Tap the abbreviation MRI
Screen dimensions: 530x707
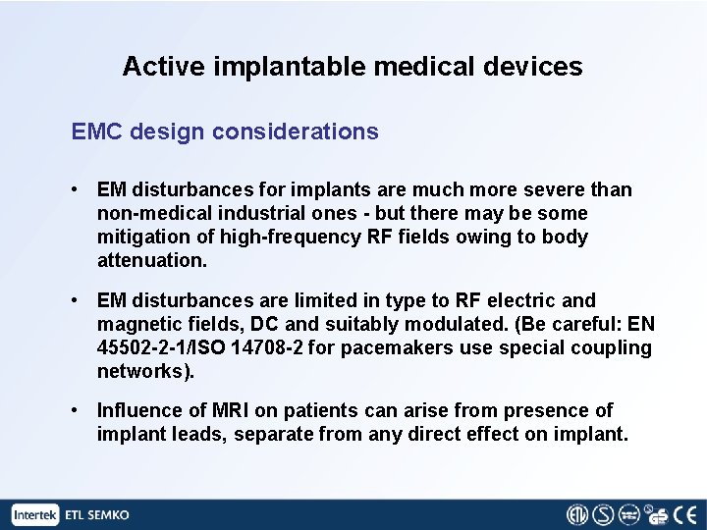pyautogui.click(x=243, y=410)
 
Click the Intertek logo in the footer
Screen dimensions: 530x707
pyautogui.click(x=36, y=514)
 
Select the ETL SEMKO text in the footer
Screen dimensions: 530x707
pyautogui.click(x=97, y=514)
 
